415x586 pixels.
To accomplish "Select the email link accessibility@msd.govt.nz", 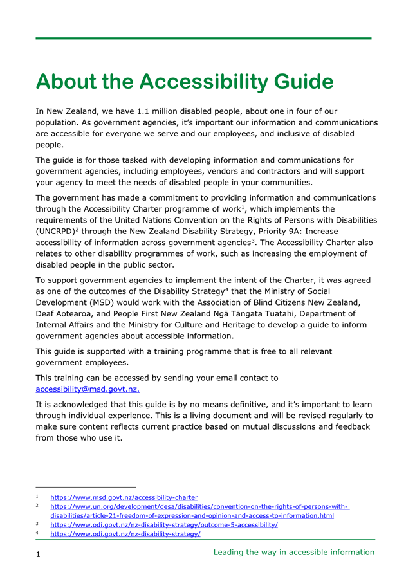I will (88, 389).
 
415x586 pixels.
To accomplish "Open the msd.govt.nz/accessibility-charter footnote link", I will (124, 497).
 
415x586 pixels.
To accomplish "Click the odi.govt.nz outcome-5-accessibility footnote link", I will (163, 525).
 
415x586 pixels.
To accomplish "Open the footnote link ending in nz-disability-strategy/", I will (125, 534).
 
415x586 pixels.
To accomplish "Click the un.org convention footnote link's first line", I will (199, 506).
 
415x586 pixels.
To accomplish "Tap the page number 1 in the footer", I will (39, 554).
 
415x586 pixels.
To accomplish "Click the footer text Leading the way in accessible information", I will (293, 552).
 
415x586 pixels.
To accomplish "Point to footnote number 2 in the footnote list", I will (37, 506).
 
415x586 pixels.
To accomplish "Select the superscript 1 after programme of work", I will (242, 206).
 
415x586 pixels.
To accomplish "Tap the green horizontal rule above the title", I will (203, 39).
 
